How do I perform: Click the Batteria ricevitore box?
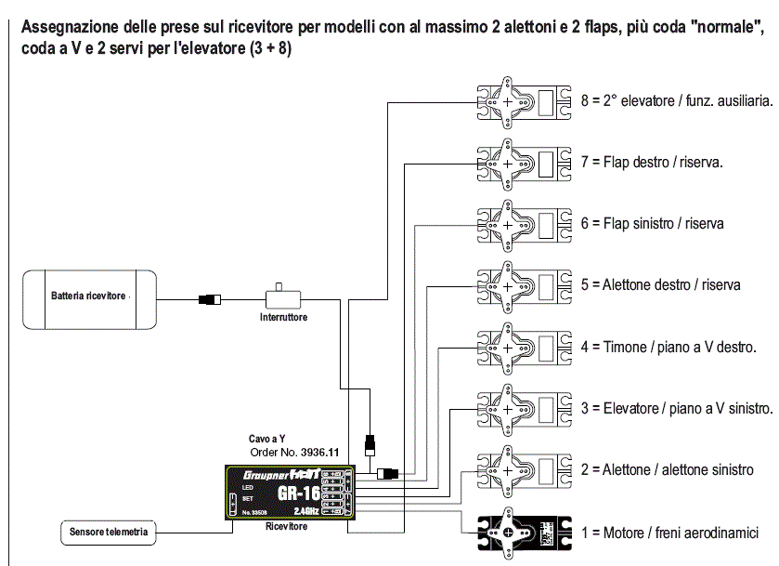tap(89, 297)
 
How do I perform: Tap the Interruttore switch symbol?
tap(282, 298)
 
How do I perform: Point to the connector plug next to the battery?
tap(210, 299)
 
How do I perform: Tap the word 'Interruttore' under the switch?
tap(283, 318)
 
